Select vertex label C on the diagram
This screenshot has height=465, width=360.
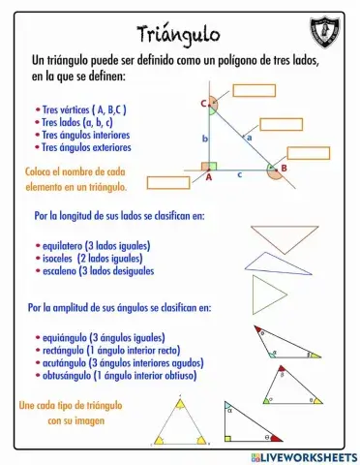click(204, 104)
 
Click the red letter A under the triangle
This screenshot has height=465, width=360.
click(208, 178)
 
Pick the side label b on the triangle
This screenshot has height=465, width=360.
click(205, 139)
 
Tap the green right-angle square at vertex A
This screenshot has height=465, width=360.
click(211, 167)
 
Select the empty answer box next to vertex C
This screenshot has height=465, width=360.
click(255, 91)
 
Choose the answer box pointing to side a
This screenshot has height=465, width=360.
click(282, 124)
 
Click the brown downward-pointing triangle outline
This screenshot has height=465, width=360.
click(285, 238)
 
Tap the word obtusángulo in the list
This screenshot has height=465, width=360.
click(67, 375)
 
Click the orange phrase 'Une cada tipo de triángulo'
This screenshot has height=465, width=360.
click(68, 405)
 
